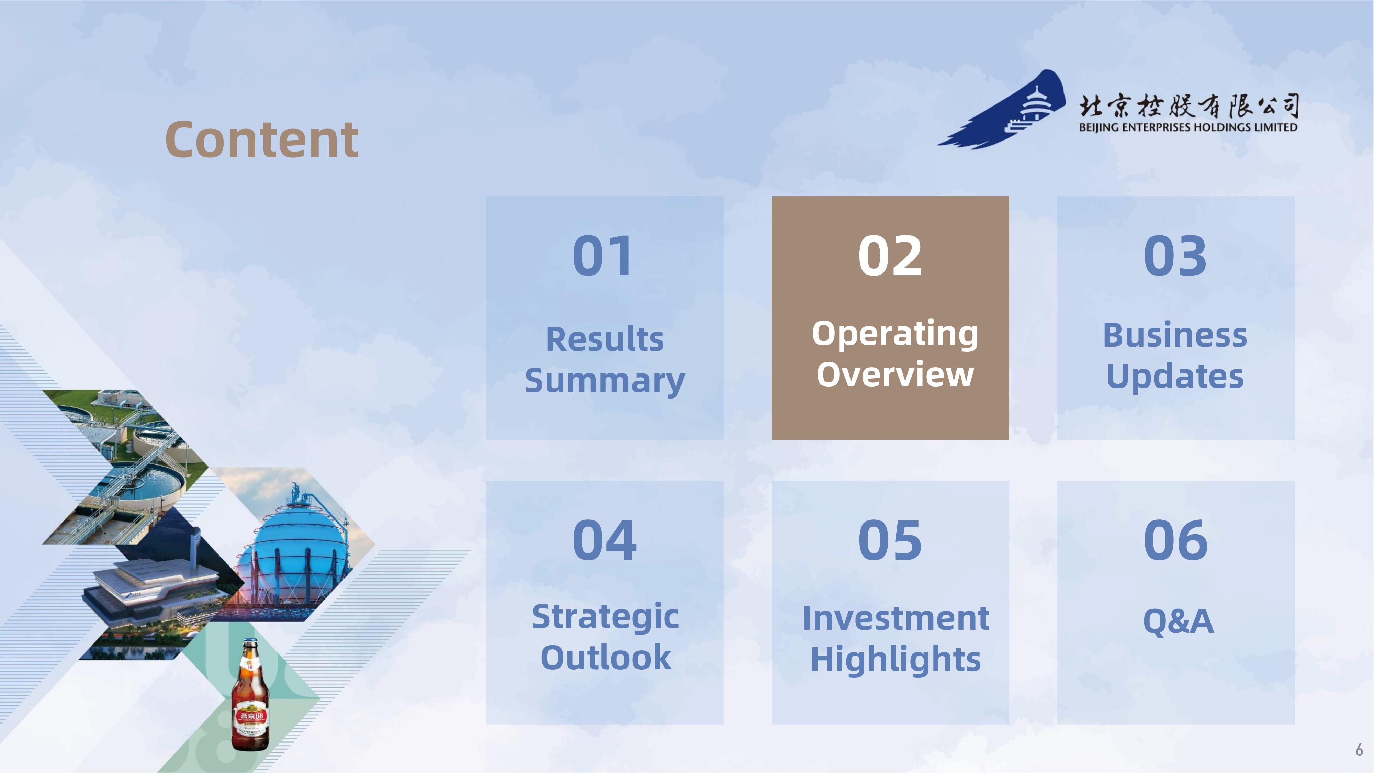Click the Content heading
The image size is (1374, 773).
click(x=261, y=140)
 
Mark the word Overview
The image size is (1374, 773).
click(x=895, y=374)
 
